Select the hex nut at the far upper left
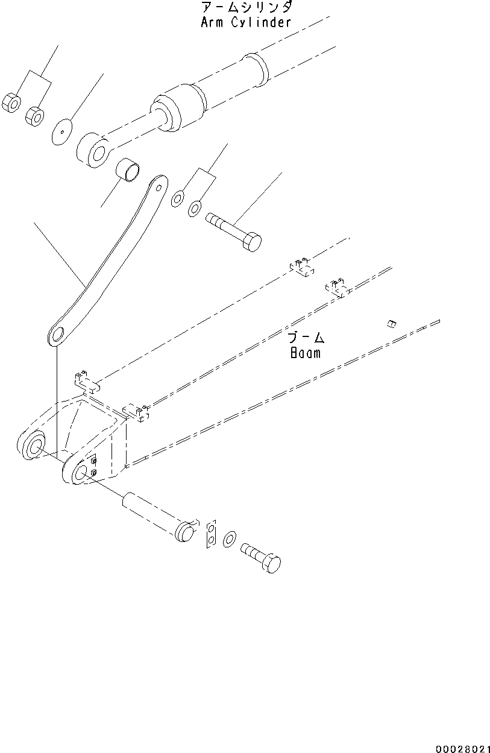click(12, 102)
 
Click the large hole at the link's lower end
click(58, 335)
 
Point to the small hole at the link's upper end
click(159, 187)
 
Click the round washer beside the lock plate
click(229, 540)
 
